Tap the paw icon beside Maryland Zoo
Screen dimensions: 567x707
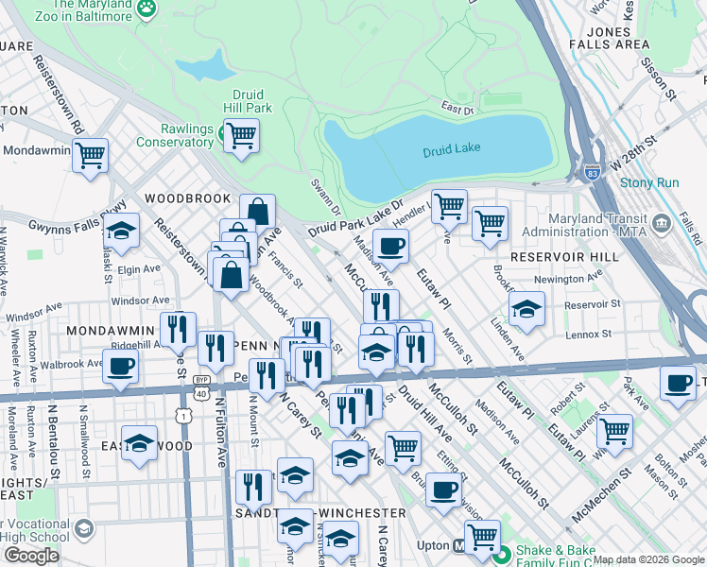[147, 8]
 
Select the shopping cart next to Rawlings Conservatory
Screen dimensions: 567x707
[242, 135]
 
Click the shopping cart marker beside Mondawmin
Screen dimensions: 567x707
[91, 154]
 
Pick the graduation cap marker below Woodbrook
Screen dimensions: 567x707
[121, 230]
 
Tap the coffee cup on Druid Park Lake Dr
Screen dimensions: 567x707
[389, 246]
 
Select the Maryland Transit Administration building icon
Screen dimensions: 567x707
[662, 225]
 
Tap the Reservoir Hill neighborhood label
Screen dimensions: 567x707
[556, 257]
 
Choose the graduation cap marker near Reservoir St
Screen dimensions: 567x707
[526, 309]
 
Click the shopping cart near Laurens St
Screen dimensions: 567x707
[615, 430]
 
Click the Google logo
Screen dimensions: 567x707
[31, 556]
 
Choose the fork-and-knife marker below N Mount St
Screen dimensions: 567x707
[252, 487]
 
